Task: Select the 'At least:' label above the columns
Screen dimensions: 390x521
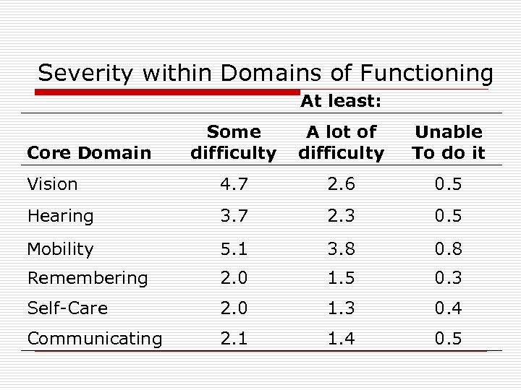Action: [x=341, y=102]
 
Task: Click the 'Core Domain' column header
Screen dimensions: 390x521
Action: [x=89, y=152]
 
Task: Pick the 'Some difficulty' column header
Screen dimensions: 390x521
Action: [x=233, y=142]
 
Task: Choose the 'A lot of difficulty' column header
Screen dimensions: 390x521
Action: [x=341, y=142]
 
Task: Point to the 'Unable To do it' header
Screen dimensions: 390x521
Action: [x=449, y=142]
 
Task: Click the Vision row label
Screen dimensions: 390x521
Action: [x=52, y=184]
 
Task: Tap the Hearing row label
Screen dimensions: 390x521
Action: [x=60, y=216]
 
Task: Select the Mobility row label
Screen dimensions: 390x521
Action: [x=60, y=249]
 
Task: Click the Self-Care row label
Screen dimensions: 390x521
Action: [x=67, y=308]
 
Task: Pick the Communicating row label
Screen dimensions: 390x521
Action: [x=94, y=339]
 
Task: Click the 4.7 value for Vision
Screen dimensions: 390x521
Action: [x=233, y=184]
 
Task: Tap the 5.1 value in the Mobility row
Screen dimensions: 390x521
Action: [x=233, y=249]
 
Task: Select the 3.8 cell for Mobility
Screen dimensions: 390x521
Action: [x=341, y=249]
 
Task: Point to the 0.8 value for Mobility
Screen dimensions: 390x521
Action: [x=449, y=249]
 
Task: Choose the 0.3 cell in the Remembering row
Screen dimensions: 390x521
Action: [x=449, y=278]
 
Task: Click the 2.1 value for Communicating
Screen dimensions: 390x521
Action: [x=233, y=339]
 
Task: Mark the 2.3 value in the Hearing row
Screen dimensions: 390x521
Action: [x=341, y=216]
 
